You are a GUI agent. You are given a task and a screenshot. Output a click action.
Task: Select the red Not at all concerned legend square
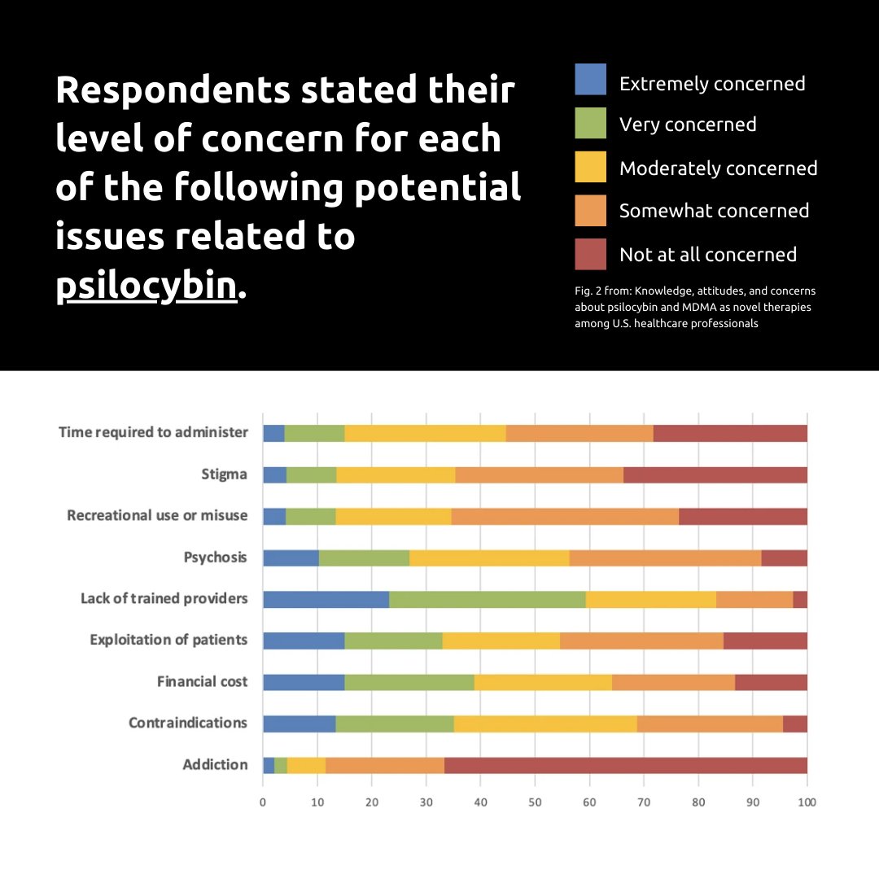tap(590, 254)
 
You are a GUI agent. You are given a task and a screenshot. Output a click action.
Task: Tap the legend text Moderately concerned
tap(718, 168)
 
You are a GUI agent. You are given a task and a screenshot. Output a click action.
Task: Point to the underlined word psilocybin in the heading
tap(146, 286)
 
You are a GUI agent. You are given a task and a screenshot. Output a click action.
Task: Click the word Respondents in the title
tap(172, 90)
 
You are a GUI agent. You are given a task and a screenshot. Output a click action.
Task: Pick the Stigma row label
tap(224, 474)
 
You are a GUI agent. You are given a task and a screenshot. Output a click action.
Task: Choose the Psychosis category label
tap(216, 558)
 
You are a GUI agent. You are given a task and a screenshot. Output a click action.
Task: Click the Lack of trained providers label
tap(164, 599)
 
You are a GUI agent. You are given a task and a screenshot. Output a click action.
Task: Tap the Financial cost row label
tap(202, 681)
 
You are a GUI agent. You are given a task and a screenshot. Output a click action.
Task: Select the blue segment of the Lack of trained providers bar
tap(326, 599)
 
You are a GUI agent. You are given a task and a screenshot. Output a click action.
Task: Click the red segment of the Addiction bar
tap(625, 765)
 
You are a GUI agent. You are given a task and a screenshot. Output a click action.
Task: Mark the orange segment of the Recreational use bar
tap(565, 516)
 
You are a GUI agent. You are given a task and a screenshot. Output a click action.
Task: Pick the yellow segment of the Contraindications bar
tap(544, 724)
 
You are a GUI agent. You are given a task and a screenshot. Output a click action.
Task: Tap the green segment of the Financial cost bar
tap(409, 682)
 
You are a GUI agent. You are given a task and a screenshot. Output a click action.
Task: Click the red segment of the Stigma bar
tap(715, 474)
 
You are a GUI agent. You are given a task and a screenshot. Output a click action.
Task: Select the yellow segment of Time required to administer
tap(425, 433)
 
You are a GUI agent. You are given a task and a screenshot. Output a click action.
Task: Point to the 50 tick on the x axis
tap(535, 802)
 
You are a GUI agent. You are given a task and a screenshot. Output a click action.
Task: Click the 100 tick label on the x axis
tap(807, 802)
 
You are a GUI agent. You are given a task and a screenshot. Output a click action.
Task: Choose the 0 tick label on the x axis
tap(263, 802)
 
